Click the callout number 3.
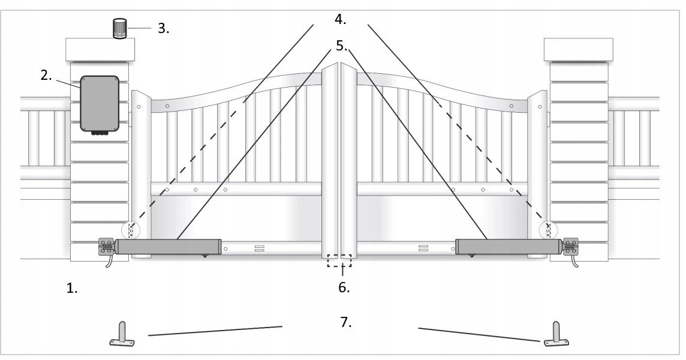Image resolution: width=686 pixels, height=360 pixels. tap(163, 29)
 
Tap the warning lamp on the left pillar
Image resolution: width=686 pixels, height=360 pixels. tap(119, 28)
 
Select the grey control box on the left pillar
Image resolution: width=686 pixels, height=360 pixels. tap(100, 104)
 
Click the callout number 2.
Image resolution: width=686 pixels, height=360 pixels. tap(46, 76)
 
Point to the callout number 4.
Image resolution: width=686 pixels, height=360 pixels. tap(341, 19)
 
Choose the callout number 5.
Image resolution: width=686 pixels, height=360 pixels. tap(341, 46)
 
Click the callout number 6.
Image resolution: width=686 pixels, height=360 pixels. tap(344, 288)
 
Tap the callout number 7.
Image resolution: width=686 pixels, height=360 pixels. tap(345, 322)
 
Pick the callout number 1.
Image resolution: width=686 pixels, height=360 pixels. tap(72, 289)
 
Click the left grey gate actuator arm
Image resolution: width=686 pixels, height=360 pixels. tap(169, 247)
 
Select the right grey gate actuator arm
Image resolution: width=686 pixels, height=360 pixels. tap(508, 247)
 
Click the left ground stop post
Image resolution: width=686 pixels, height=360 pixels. tap(122, 334)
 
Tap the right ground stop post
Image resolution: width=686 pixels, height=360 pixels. tap(556, 334)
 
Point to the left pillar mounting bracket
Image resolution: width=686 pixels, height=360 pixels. tap(106, 246)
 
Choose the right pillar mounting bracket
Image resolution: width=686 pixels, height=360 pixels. tap(570, 246)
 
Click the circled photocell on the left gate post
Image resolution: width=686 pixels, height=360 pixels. tap(130, 230)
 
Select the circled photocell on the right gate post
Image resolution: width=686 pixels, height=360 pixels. tap(548, 230)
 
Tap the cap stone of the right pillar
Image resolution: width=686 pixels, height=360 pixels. tap(579, 50)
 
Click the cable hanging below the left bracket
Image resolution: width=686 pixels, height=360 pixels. tap(107, 260)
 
